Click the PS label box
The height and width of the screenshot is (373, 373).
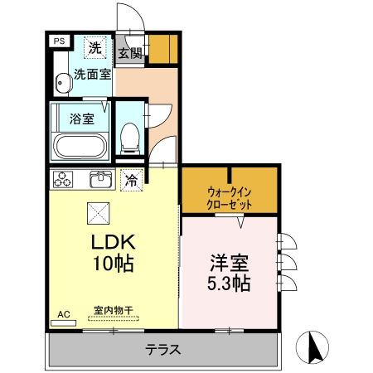[59, 40]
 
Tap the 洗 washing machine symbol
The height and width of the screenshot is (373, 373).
[96, 48]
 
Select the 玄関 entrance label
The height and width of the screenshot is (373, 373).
[129, 55]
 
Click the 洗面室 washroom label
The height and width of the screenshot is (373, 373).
[91, 74]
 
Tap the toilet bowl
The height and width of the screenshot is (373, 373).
[130, 137]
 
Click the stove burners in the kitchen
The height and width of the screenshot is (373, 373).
[63, 178]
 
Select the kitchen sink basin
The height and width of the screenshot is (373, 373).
[102, 178]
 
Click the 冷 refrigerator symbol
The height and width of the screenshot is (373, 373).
[131, 179]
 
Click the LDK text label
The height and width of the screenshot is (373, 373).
[113, 244]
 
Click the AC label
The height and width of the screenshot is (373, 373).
[63, 315]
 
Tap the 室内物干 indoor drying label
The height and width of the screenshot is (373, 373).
[113, 311]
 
